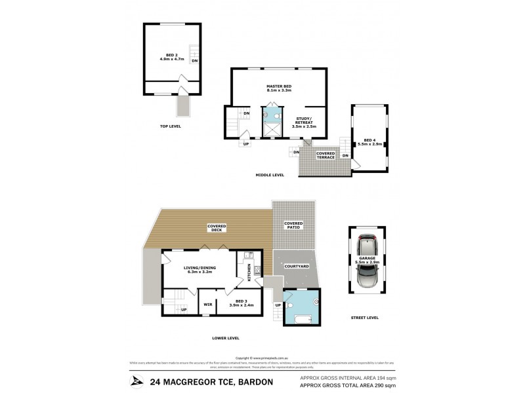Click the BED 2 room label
click(170, 57)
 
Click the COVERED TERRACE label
click(326, 155)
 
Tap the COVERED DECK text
click(217, 228)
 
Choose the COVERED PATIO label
click(293, 225)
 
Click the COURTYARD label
click(296, 267)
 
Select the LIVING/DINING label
click(201, 270)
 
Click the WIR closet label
click(207, 304)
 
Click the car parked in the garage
click(367, 264)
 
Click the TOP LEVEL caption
click(170, 126)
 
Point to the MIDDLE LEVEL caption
click(270, 176)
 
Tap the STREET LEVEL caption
click(366, 318)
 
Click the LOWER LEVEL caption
click(226, 338)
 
